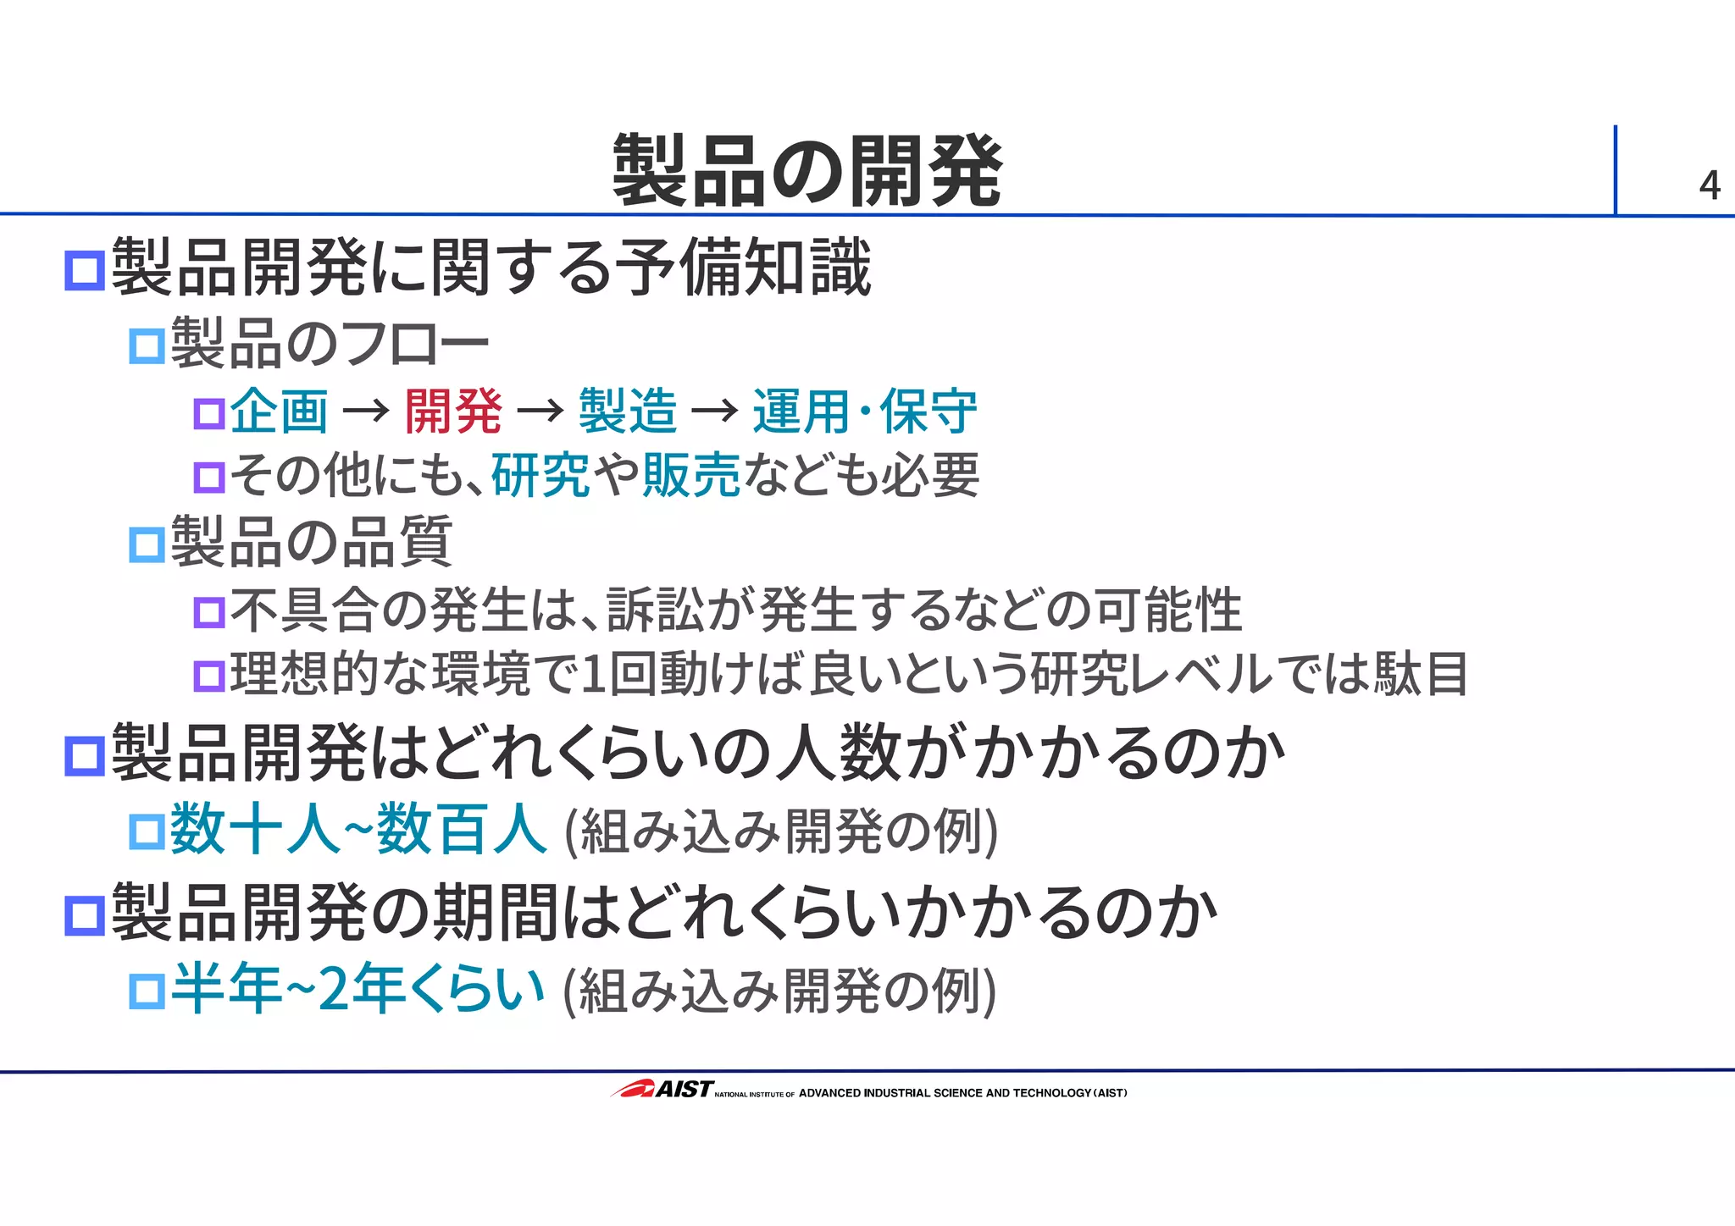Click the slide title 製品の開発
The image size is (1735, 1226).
pyautogui.click(x=807, y=172)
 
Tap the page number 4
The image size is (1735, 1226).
pyautogui.click(x=1709, y=185)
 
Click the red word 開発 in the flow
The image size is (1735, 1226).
pyautogui.click(x=453, y=411)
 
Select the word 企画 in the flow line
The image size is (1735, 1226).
pyautogui.click(x=279, y=411)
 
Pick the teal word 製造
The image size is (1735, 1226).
pyautogui.click(x=628, y=411)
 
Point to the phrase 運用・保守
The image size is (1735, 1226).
pyautogui.click(x=864, y=411)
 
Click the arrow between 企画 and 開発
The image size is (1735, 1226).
pyautogui.click(x=366, y=412)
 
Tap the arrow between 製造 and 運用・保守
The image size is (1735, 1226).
pyautogui.click(x=715, y=412)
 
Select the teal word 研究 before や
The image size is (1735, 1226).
pyautogui.click(x=540, y=475)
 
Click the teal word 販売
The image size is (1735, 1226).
pyautogui.click(x=691, y=475)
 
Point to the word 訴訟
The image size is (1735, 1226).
pyautogui.click(x=656, y=610)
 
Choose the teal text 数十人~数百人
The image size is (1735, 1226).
pyautogui.click(x=358, y=830)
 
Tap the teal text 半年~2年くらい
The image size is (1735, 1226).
pyautogui.click(x=357, y=989)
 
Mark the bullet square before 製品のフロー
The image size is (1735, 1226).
pyautogui.click(x=147, y=346)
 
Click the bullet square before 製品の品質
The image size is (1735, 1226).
pyautogui.click(x=147, y=544)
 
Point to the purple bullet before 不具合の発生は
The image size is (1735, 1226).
pyautogui.click(x=209, y=612)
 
